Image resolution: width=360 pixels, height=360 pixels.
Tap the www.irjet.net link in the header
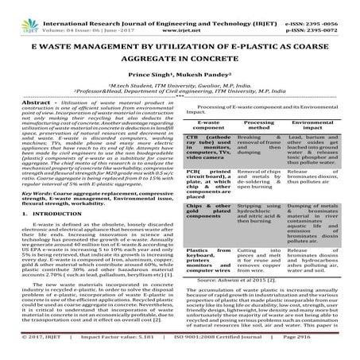[179, 14]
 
